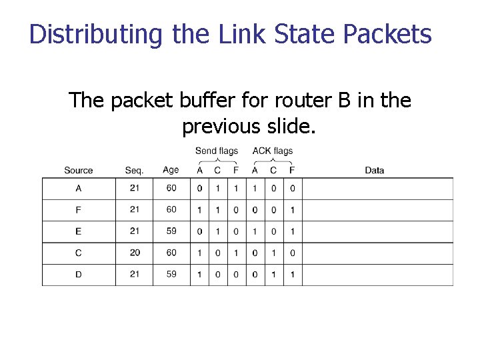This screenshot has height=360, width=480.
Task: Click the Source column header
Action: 79,171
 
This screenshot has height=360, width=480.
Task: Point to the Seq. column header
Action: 134,171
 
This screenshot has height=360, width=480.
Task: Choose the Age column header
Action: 171,170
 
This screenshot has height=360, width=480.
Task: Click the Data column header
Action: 375,171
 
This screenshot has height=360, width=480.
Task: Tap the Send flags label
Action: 217,151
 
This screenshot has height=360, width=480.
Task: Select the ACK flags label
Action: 273,151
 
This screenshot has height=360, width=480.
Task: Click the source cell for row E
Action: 79,231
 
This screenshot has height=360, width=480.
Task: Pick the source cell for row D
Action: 79,274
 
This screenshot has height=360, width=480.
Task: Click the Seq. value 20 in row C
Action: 134,253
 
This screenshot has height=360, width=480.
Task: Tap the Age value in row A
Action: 171,188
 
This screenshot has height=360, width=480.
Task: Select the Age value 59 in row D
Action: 171,274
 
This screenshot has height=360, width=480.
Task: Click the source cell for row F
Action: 79,210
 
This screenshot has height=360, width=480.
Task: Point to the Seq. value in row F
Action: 134,209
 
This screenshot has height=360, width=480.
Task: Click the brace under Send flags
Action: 217,160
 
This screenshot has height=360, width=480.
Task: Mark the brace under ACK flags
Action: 273,160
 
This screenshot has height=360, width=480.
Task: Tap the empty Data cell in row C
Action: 377,253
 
